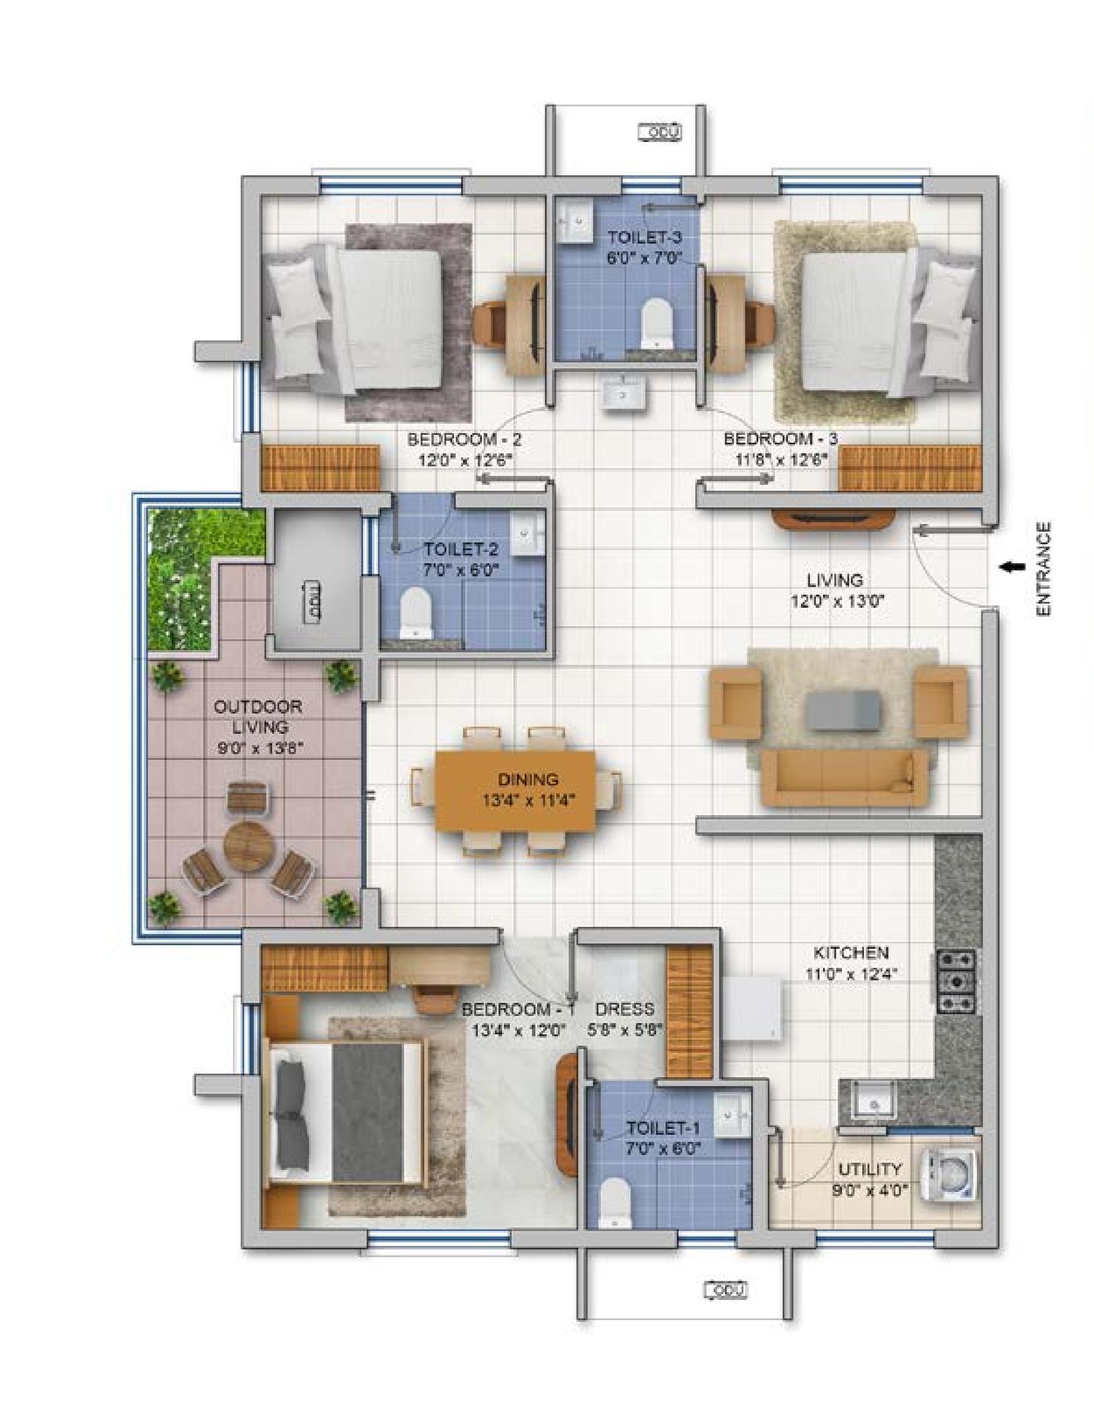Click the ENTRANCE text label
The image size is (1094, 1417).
pos(1043,569)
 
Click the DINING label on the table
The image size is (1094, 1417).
pos(528,779)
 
